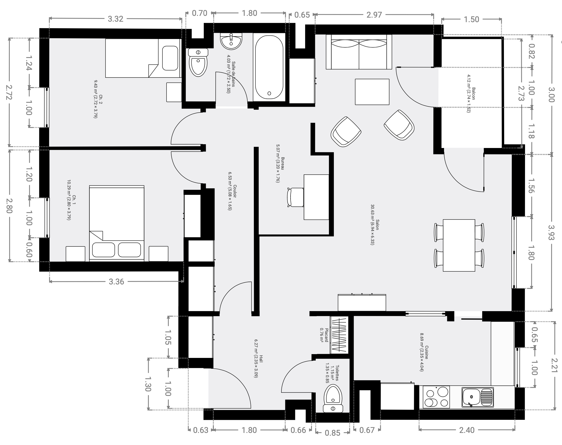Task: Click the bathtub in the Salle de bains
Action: [x=269, y=67]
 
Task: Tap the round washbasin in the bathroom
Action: [x=231, y=41]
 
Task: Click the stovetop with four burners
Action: [x=436, y=397]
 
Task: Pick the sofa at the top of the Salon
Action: [x=359, y=52]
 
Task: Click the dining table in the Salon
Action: [x=459, y=245]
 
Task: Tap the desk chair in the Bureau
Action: [x=295, y=197]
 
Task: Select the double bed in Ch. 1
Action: [x=117, y=223]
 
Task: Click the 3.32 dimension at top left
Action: [x=115, y=19]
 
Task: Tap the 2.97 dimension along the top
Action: [x=374, y=15]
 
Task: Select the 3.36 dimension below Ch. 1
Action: [x=116, y=282]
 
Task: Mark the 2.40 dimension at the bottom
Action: [x=467, y=430]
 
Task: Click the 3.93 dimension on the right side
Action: [x=552, y=233]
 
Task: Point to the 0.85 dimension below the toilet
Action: [x=333, y=433]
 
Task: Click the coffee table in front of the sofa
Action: [x=372, y=92]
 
